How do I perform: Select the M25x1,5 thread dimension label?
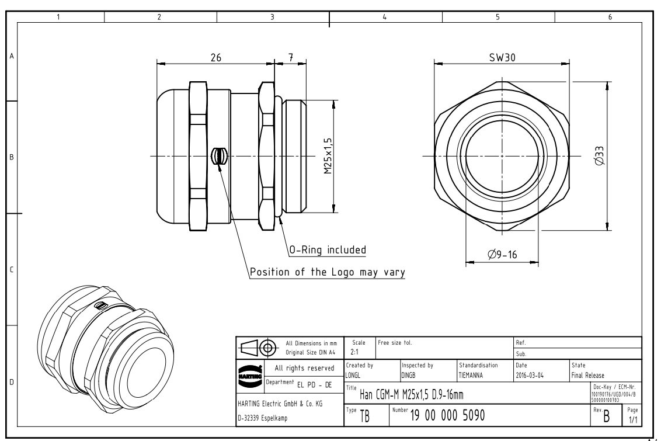click(328, 155)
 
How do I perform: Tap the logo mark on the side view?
click(218, 156)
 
